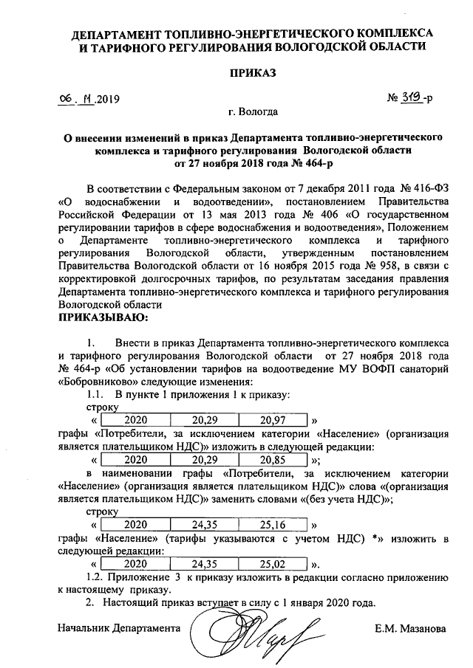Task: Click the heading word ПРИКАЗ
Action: pos(251,73)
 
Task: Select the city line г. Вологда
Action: pos(253,113)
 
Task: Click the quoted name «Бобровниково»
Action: pos(92,382)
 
